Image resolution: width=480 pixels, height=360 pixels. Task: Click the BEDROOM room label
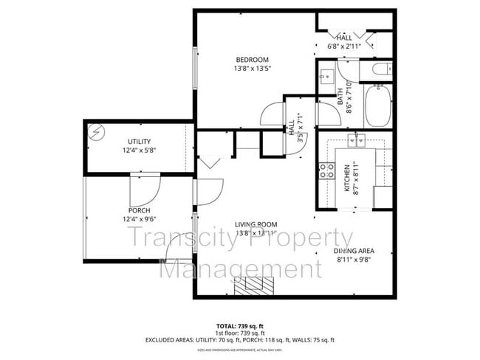pos(252,60)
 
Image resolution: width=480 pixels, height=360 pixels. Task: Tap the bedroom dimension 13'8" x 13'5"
pos(252,69)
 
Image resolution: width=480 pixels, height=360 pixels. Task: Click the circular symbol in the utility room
pos(95,133)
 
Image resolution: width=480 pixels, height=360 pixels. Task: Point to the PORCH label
pos(139,210)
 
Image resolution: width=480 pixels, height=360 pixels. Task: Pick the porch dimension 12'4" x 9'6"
pos(139,220)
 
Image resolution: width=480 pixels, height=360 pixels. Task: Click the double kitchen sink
pos(356,138)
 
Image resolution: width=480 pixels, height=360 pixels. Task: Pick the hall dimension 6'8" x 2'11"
pos(344,47)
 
